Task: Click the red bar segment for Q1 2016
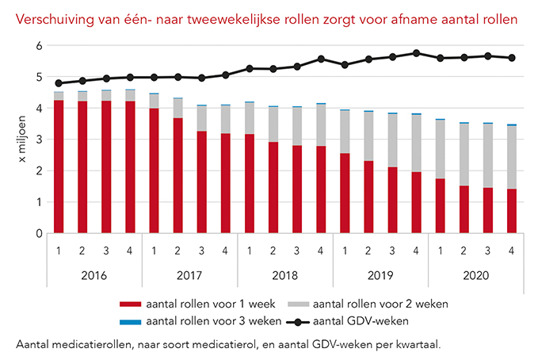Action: (59, 167)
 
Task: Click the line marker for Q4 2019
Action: (415, 53)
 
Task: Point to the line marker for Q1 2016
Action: (59, 83)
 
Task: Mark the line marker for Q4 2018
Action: (320, 59)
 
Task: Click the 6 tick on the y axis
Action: (37, 46)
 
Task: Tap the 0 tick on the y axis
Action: (37, 234)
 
